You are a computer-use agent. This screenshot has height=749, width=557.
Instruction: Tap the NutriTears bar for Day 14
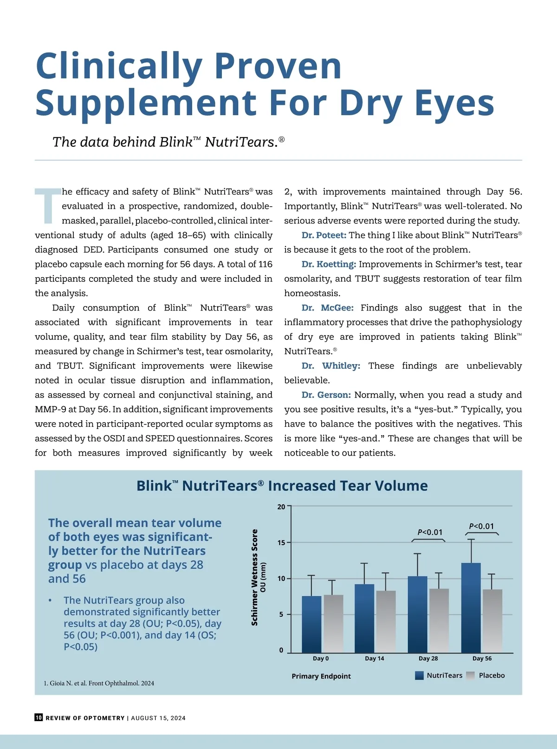[364, 618]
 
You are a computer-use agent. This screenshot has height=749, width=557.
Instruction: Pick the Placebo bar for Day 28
[439, 620]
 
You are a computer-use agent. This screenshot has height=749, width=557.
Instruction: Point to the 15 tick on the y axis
[282, 542]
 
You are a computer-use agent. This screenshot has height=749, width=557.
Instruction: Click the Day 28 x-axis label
[428, 658]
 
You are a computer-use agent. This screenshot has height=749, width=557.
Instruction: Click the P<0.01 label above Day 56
[481, 526]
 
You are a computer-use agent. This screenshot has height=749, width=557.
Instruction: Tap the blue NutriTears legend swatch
[419, 676]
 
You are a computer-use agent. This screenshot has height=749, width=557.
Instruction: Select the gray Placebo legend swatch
[470, 676]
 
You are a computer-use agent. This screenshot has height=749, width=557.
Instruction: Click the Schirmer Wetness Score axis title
[254, 577]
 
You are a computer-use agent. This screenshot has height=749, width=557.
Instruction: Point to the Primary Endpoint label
[321, 676]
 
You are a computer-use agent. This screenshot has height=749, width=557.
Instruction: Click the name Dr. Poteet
[324, 235]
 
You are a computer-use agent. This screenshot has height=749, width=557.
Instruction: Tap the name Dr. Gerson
[326, 395]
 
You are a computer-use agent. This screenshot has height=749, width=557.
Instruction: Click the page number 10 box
[39, 717]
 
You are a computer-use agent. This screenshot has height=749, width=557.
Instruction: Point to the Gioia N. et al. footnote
[99, 683]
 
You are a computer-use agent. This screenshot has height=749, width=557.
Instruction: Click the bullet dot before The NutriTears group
[50, 600]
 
